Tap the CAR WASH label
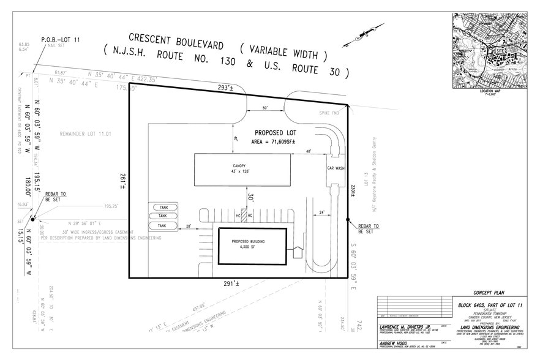tap(336, 168)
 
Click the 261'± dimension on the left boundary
tap(122, 180)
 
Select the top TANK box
tap(162, 207)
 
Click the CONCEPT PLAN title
tap(487, 293)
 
